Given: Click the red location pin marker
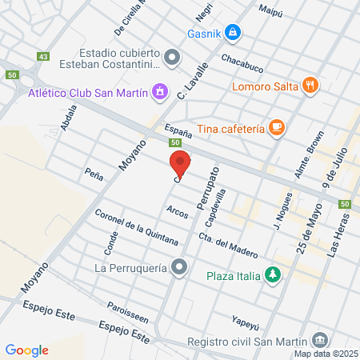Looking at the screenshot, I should pos(181,164).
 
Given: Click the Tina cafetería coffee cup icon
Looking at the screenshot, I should pos(276,127).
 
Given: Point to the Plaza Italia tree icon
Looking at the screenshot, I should pos(274,274).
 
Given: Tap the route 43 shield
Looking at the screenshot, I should pos(43,57).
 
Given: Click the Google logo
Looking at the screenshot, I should pos(26,350).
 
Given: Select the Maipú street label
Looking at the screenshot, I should pos(272,10).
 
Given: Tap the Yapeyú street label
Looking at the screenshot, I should pos(247,322).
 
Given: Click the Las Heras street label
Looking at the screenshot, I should pos(338,239).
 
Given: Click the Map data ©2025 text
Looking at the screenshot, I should pos(326,353).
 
